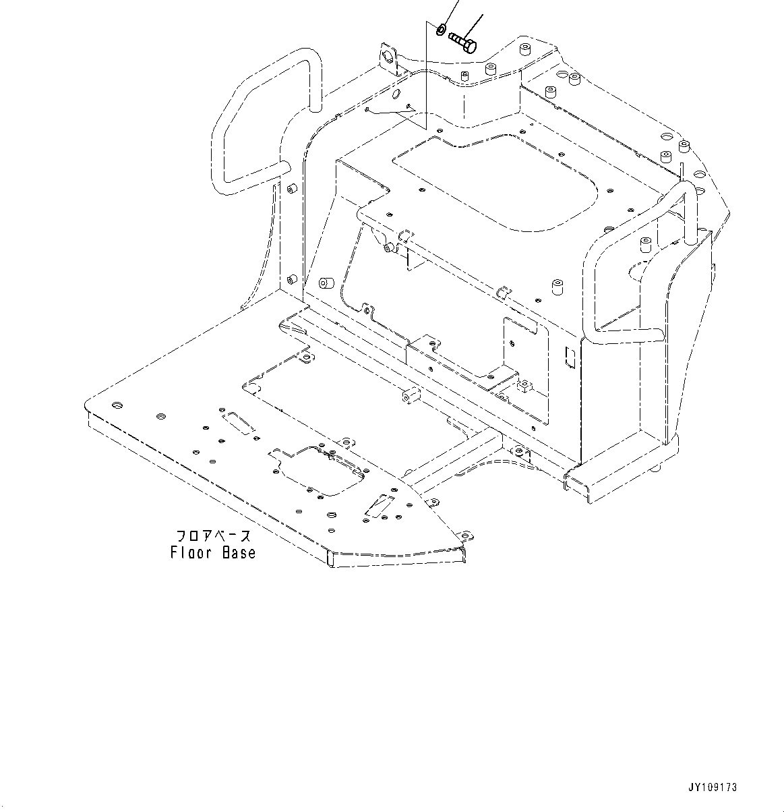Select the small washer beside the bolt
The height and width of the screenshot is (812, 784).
pyautogui.click(x=440, y=29)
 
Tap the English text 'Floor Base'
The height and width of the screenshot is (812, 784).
pyautogui.click(x=213, y=553)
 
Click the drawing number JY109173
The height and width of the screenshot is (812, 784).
pyautogui.click(x=713, y=787)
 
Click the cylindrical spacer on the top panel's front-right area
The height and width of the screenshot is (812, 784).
pyautogui.click(x=557, y=287)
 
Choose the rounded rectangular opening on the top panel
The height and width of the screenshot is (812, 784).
pyautogui.click(x=495, y=185)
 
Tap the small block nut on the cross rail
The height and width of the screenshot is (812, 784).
pyautogui.click(x=408, y=396)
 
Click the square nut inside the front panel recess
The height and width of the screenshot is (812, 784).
pyautogui.click(x=522, y=386)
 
